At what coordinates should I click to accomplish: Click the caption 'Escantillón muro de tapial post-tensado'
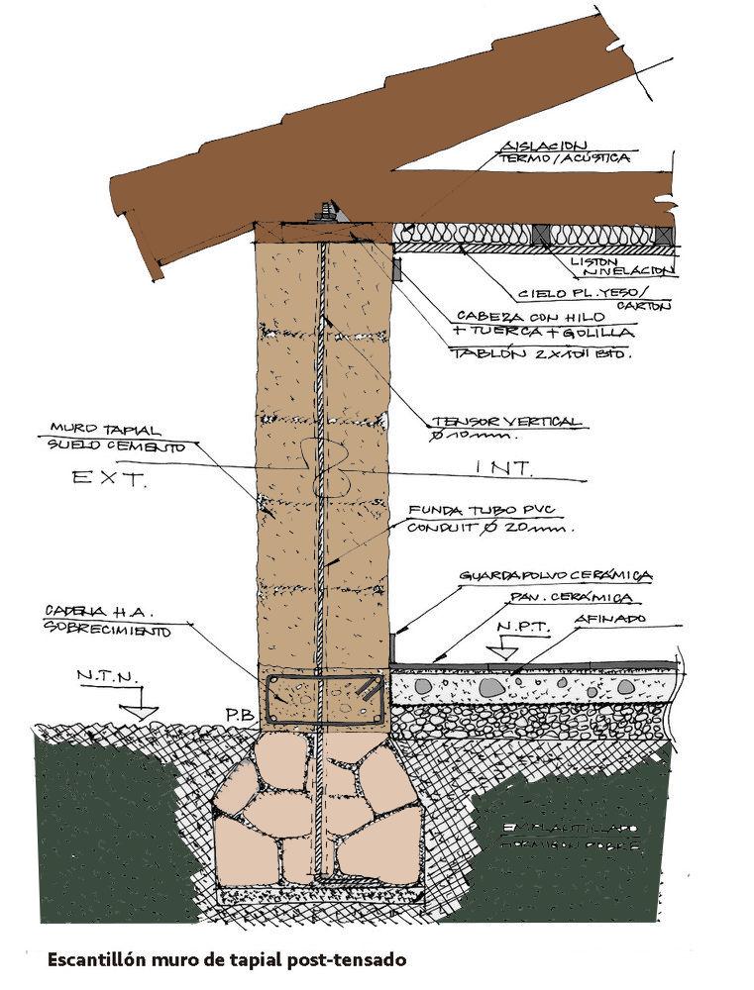click(x=228, y=959)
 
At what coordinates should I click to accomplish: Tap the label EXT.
click(x=111, y=480)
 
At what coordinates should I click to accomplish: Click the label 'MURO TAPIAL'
click(x=93, y=428)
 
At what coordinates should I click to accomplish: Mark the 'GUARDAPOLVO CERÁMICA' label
click(x=554, y=575)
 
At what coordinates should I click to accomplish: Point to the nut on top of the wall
click(x=323, y=210)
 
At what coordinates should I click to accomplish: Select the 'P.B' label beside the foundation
click(x=235, y=713)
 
